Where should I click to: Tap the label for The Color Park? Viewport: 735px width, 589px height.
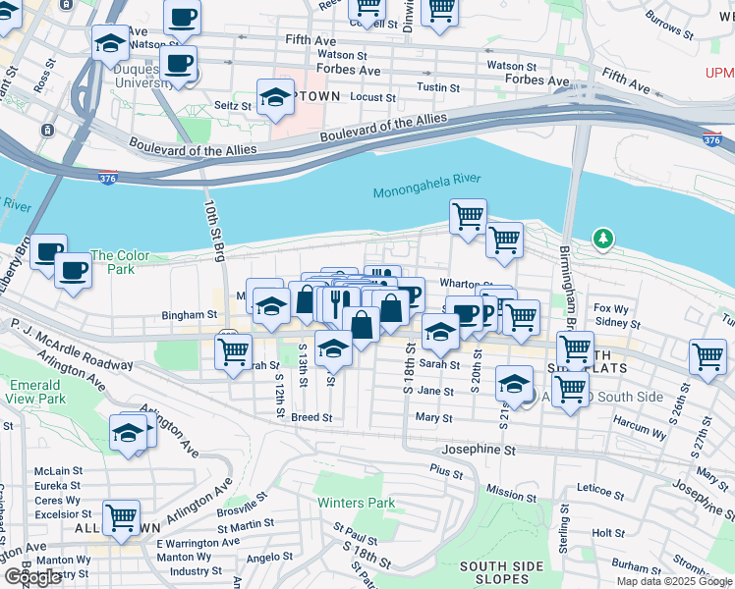120,262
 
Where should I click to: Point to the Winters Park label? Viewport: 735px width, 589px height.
356,504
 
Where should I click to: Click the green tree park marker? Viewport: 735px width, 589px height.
602,239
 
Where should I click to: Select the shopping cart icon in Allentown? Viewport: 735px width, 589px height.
121,516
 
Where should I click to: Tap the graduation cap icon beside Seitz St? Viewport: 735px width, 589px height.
275,97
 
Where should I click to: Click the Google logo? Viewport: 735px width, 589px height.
33,577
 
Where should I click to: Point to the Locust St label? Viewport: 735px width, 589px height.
372,98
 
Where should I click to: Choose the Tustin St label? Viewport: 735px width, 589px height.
432,87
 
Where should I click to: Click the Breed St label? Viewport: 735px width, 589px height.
311,417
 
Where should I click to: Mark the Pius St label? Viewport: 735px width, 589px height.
446,471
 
